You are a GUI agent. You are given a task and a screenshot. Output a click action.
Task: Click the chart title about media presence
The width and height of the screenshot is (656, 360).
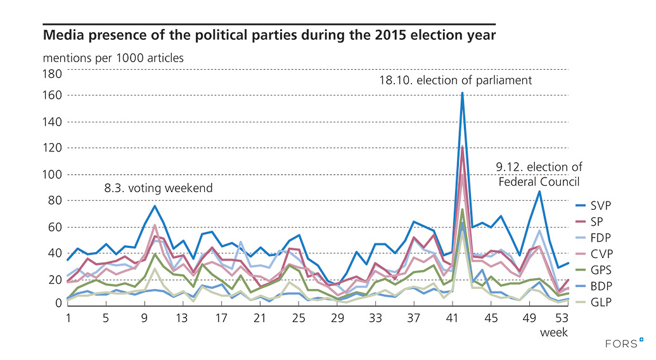(269, 33)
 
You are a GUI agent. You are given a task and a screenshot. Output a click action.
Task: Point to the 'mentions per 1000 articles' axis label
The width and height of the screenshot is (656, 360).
(113, 58)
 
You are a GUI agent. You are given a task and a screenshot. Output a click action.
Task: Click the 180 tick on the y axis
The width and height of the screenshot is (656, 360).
(53, 74)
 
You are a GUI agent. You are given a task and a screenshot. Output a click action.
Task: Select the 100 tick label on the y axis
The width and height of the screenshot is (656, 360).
(53, 174)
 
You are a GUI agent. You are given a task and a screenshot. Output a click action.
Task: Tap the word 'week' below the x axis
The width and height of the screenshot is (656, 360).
(553, 332)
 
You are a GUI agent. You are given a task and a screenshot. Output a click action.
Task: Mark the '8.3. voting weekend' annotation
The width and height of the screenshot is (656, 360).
(158, 188)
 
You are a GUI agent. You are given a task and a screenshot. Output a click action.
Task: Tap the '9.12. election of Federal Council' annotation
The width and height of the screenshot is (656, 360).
(539, 174)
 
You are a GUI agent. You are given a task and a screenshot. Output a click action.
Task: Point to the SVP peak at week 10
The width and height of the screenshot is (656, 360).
(155, 205)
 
